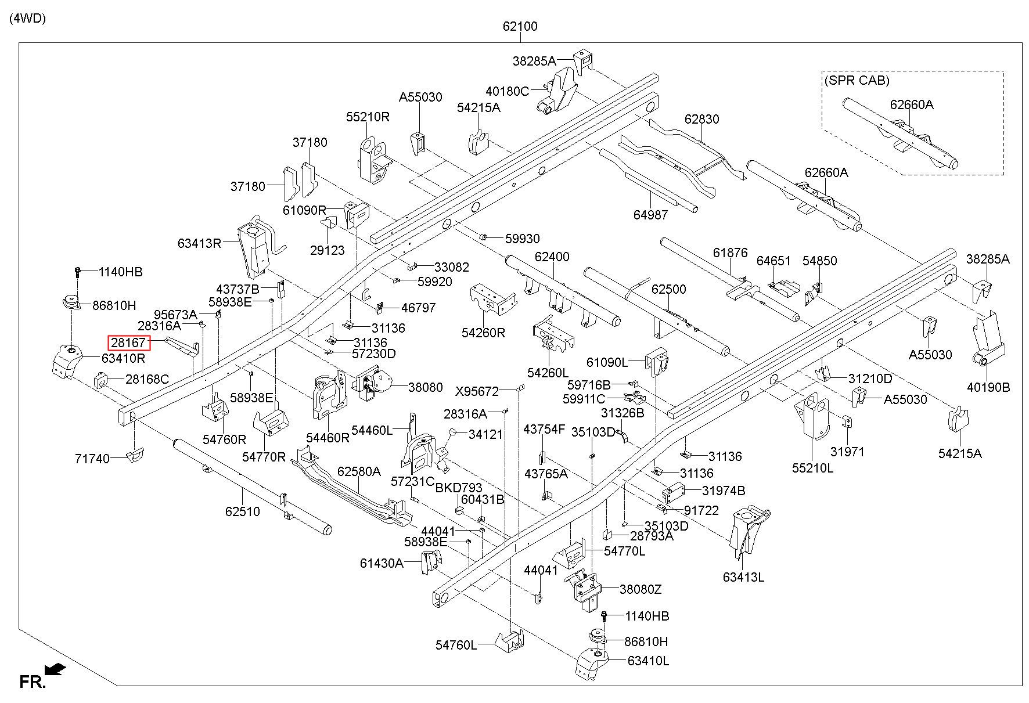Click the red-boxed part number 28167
[128, 343]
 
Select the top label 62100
[520, 26]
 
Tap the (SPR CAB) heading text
[857, 80]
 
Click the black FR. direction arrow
[55, 670]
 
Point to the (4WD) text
[27, 18]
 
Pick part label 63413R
[199, 243]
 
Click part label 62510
[243, 511]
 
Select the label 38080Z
[641, 589]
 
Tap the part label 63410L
[647, 661]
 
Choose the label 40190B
[988, 387]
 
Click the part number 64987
[650, 215]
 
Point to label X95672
[477, 391]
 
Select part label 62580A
[359, 471]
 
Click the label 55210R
[368, 117]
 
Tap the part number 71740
[92, 459]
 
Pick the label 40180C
[508, 91]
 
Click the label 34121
[485, 434]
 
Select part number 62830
[701, 119]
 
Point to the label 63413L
[743, 577]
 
